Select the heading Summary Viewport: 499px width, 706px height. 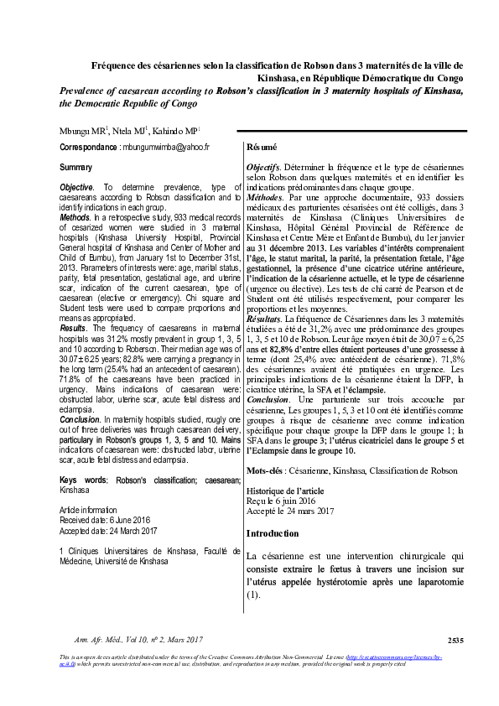click(76, 168)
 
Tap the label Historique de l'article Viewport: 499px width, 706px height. click(285, 489)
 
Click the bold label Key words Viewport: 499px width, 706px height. click(82, 480)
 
